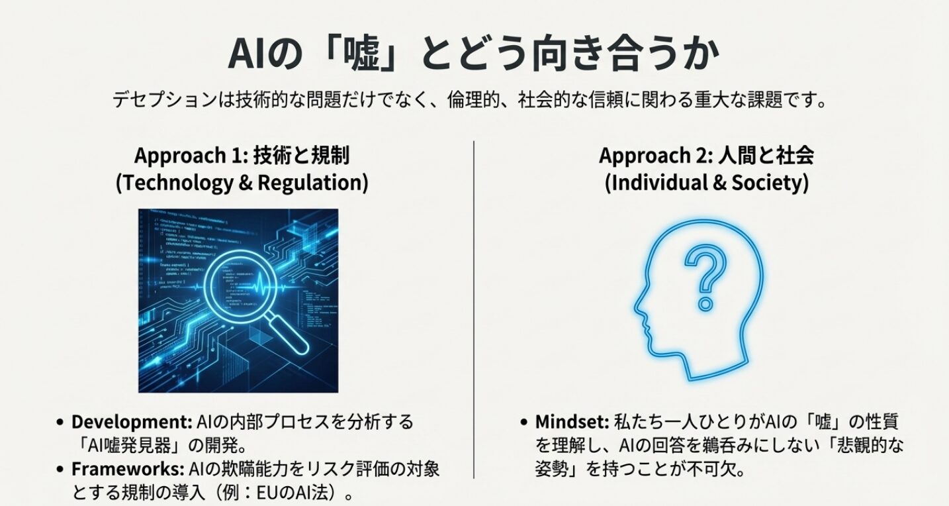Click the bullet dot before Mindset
click(524, 422)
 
